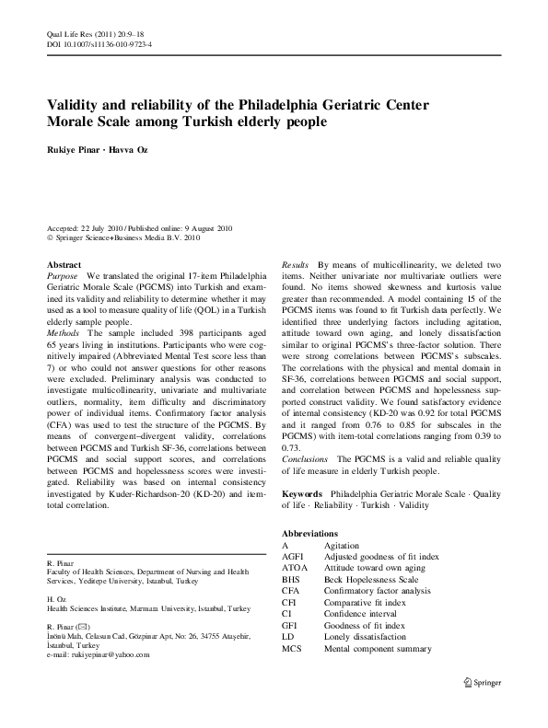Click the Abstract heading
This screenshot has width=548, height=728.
[x=64, y=263]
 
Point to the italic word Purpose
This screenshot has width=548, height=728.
[x=63, y=275]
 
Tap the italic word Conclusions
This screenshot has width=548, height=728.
[x=305, y=457]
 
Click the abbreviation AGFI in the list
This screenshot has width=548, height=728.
[x=292, y=557]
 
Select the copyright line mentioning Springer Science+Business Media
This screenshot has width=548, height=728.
[x=122, y=237]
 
